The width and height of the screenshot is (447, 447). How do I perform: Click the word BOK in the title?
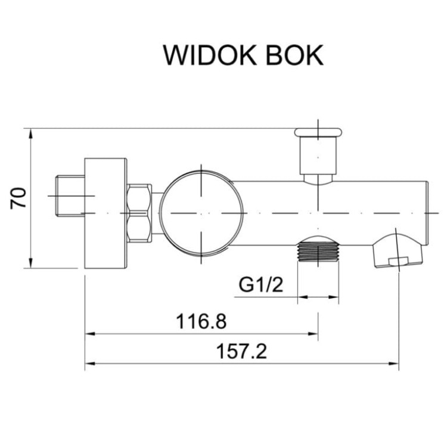click(293, 55)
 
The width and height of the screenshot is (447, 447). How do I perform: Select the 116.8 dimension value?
click(201, 322)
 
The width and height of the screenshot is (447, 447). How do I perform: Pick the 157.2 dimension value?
click(242, 352)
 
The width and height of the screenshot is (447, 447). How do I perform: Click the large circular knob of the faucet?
click(202, 213)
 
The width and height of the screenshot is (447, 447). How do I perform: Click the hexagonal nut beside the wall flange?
click(140, 213)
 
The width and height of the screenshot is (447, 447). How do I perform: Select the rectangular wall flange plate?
click(106, 213)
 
